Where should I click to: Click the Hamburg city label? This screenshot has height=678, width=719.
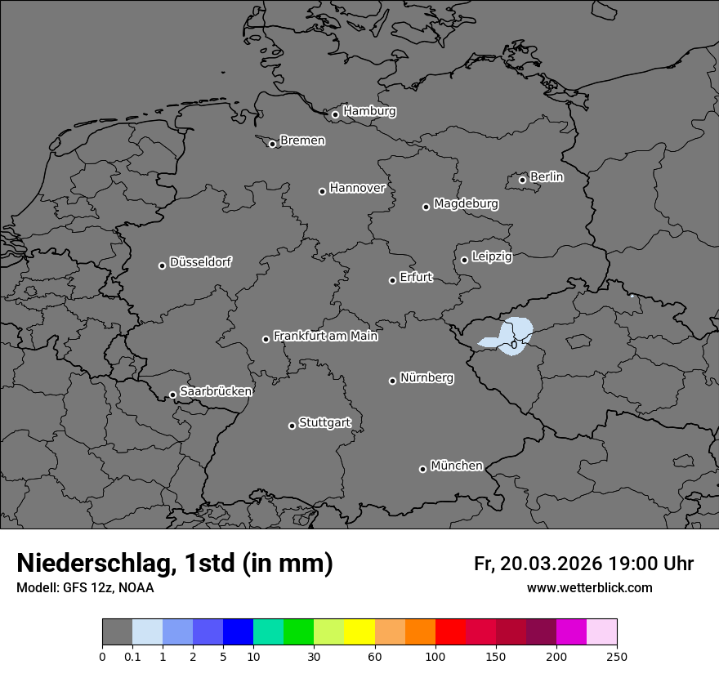369,111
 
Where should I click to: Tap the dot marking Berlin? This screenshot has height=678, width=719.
522,180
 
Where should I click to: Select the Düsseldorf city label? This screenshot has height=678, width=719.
200,262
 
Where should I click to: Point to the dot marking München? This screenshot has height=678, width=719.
422,469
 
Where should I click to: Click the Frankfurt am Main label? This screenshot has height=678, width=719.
325,336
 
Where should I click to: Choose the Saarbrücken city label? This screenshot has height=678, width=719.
216,391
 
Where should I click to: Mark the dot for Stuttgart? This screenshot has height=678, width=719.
292,426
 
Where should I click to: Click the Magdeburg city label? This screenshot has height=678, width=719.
466,203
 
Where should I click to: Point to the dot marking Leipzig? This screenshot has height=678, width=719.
464,260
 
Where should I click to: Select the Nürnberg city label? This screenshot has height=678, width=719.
426,377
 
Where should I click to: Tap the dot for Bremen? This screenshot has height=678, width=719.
272,144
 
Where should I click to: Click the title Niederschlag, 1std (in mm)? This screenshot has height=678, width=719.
175,564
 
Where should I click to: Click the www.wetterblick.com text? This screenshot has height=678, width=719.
589,587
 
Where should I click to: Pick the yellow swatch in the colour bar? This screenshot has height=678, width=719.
359,632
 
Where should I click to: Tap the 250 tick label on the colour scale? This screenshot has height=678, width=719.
617,656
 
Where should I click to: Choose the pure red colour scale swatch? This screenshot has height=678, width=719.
450,632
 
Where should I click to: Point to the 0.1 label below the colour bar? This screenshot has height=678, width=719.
132,656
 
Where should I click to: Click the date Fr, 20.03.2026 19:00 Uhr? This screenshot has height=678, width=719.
583,564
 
